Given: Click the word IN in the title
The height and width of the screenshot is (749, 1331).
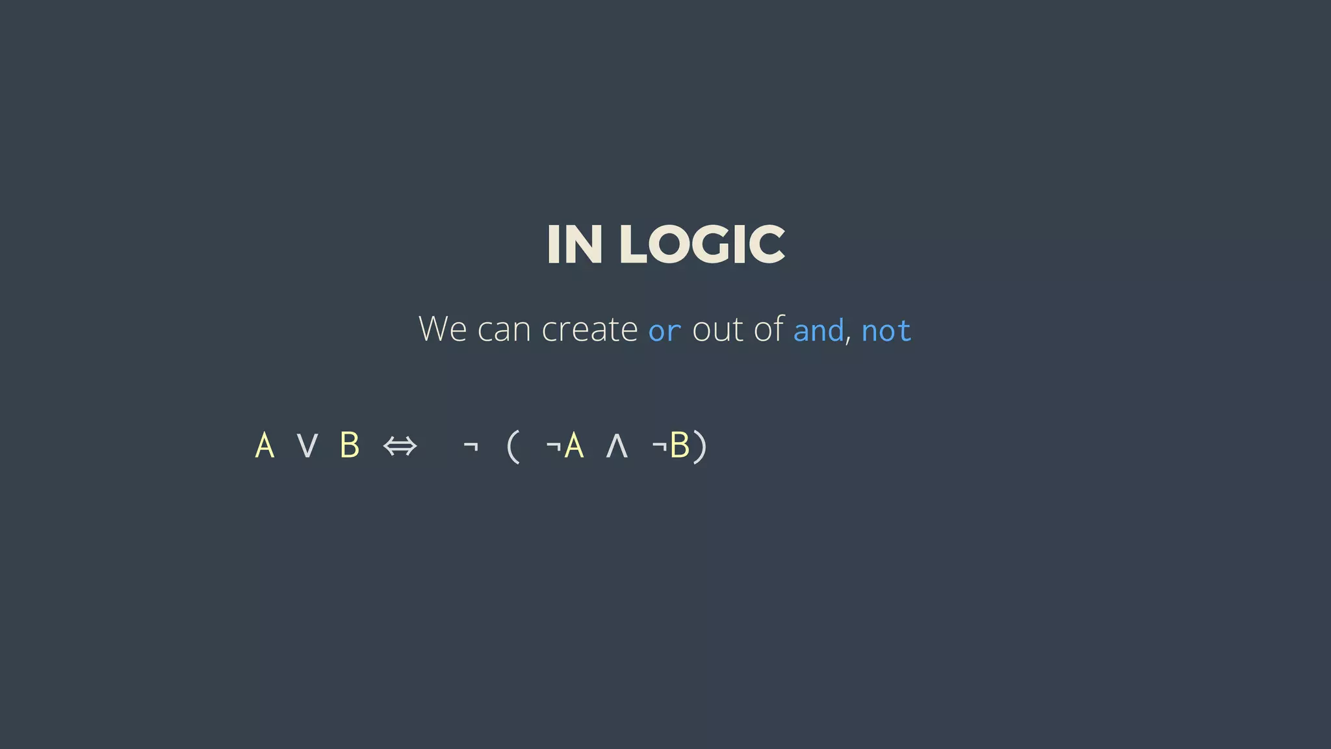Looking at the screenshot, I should tap(575, 244).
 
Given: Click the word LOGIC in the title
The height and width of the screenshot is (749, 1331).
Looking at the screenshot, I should tap(702, 244).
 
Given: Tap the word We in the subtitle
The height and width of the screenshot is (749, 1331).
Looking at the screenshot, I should tap(443, 329).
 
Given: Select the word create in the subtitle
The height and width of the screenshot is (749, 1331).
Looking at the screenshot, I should tap(589, 329).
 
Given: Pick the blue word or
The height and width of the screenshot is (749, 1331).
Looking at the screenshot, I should tap(664, 331).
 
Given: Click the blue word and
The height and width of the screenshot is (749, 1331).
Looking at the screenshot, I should tap(818, 330).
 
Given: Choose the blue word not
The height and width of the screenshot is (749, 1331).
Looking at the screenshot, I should tap(886, 330).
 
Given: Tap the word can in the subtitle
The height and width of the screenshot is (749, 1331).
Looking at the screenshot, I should tap(504, 330).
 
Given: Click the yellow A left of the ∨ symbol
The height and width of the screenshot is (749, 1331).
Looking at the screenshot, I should tap(265, 446).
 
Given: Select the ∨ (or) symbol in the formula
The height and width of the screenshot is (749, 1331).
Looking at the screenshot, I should tap(307, 446).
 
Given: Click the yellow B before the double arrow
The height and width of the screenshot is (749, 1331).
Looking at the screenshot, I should tap(350, 446).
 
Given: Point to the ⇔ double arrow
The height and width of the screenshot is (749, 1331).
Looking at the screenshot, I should tap(400, 447).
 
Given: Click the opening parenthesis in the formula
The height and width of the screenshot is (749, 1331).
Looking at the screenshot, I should tap(513, 447).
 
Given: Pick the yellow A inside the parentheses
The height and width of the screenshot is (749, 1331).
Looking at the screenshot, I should tap(574, 446).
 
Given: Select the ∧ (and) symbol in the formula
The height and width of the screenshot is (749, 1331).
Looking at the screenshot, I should tap(616, 447).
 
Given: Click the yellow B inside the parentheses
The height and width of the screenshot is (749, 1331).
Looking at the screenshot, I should tap(679, 446).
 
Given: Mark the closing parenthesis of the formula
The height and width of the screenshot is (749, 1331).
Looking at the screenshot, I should tap(700, 447).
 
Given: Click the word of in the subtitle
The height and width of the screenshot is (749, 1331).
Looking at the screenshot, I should tap(769, 328).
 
